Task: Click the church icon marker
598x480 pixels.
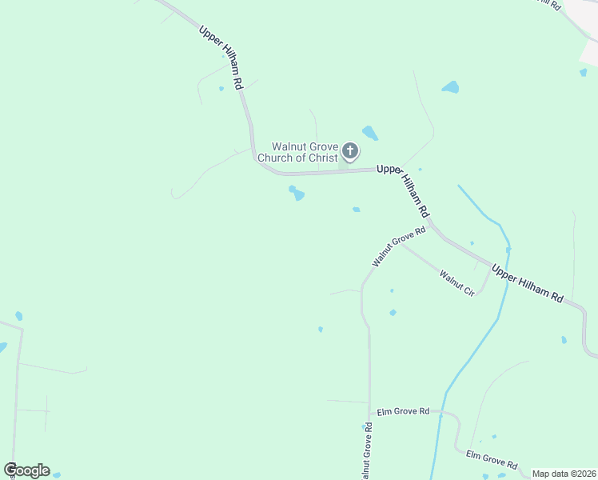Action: pyautogui.click(x=350, y=150)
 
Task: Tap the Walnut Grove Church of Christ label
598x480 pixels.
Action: pyautogui.click(x=305, y=152)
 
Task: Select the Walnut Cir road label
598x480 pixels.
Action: pyautogui.click(x=457, y=282)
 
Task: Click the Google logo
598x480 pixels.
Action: pyautogui.click(x=26, y=470)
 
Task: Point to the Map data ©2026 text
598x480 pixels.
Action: pyautogui.click(x=564, y=474)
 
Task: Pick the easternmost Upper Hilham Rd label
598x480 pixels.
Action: pyautogui.click(x=527, y=282)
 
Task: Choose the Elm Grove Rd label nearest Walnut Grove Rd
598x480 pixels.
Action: pyautogui.click(x=403, y=411)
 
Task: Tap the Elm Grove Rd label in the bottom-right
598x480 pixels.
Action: pyautogui.click(x=491, y=460)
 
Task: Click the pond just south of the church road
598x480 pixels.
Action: pyautogui.click(x=297, y=194)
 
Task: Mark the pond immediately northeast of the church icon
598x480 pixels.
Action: pyautogui.click(x=369, y=132)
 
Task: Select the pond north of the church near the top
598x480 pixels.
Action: pyautogui.click(x=451, y=86)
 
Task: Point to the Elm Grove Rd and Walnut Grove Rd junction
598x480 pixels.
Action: pyautogui.click(x=370, y=414)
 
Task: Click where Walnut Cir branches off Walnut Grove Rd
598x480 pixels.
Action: pyautogui.click(x=401, y=244)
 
